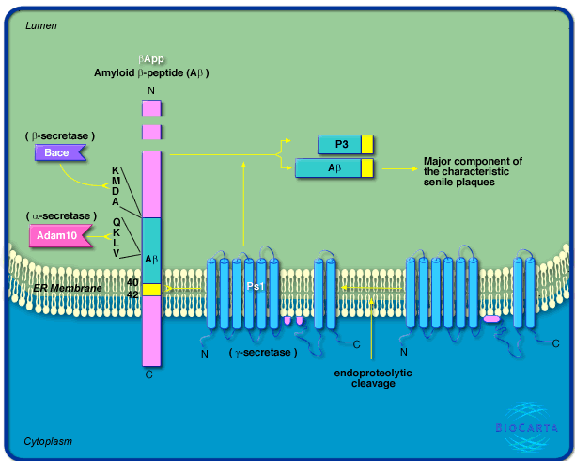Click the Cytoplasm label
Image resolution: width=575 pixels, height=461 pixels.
[49, 441]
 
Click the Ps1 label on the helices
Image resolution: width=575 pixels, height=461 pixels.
[255, 286]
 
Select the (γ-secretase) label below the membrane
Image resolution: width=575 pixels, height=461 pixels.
[263, 353]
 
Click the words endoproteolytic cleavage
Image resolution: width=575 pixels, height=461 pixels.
[374, 378]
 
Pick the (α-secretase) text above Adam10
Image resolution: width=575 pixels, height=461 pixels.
[61, 216]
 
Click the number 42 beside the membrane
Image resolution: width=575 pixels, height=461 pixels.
[132, 294]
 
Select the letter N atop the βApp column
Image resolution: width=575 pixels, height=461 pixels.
[151, 90]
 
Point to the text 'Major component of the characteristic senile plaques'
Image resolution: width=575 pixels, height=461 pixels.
[472, 171]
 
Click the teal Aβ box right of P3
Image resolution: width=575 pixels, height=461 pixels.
[328, 168]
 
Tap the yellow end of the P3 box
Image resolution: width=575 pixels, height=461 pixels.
[367, 144]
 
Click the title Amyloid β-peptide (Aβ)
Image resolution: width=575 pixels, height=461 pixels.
[150, 72]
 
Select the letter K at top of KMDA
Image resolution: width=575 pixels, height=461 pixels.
[116, 169]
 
